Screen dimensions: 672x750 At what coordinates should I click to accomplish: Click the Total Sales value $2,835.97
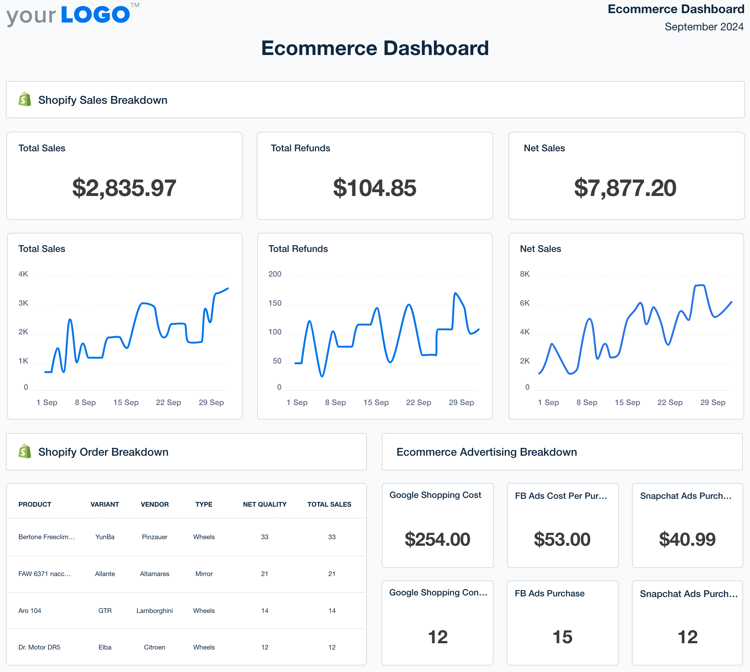tap(124, 188)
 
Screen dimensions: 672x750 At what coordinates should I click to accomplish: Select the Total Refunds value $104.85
tap(374, 188)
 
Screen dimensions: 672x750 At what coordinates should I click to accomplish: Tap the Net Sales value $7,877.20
tap(625, 188)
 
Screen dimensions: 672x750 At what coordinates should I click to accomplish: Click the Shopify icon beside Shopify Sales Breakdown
tap(25, 100)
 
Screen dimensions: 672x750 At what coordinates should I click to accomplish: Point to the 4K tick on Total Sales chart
tap(23, 274)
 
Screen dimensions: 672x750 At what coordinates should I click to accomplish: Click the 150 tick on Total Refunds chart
tap(275, 303)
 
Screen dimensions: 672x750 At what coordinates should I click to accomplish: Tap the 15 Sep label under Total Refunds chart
tap(376, 403)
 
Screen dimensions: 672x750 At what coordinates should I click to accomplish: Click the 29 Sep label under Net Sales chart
tap(712, 403)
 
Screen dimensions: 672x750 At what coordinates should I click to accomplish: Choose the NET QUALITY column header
tap(265, 504)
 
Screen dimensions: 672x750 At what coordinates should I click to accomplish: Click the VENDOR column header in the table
tap(155, 504)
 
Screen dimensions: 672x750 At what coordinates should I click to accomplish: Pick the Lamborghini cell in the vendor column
tap(155, 611)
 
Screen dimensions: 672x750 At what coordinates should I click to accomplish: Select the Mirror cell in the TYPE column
tap(204, 574)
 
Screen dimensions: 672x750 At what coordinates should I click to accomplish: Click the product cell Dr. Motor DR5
tap(39, 647)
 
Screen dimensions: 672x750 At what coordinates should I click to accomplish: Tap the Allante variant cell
tap(105, 574)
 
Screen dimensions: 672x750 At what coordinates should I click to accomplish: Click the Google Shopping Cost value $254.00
tap(437, 539)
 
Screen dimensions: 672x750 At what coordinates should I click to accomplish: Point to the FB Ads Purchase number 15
tap(562, 637)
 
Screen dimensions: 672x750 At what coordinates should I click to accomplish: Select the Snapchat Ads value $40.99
tap(687, 539)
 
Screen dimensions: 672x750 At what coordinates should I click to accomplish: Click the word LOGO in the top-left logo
tap(95, 15)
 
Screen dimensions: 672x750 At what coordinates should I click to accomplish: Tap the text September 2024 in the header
tap(704, 27)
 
